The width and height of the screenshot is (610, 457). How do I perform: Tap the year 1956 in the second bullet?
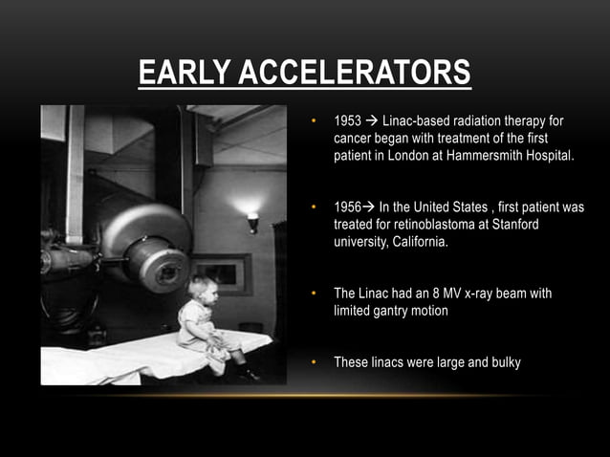coord(348,207)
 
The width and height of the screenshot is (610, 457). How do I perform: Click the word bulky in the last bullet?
coord(505,362)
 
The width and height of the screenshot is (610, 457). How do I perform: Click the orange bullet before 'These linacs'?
coord(315,362)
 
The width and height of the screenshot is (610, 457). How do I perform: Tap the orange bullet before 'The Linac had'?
coord(315,294)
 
